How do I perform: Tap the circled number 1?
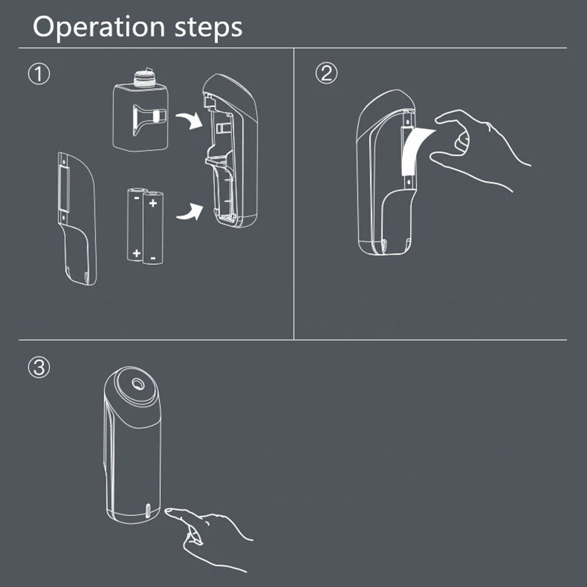pyautogui.click(x=38, y=73)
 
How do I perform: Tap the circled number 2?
pyautogui.click(x=327, y=73)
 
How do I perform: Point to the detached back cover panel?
pyautogui.click(x=76, y=220)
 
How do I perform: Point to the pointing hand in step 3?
pyautogui.click(x=213, y=532)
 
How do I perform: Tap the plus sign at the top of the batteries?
pyautogui.click(x=153, y=200)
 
